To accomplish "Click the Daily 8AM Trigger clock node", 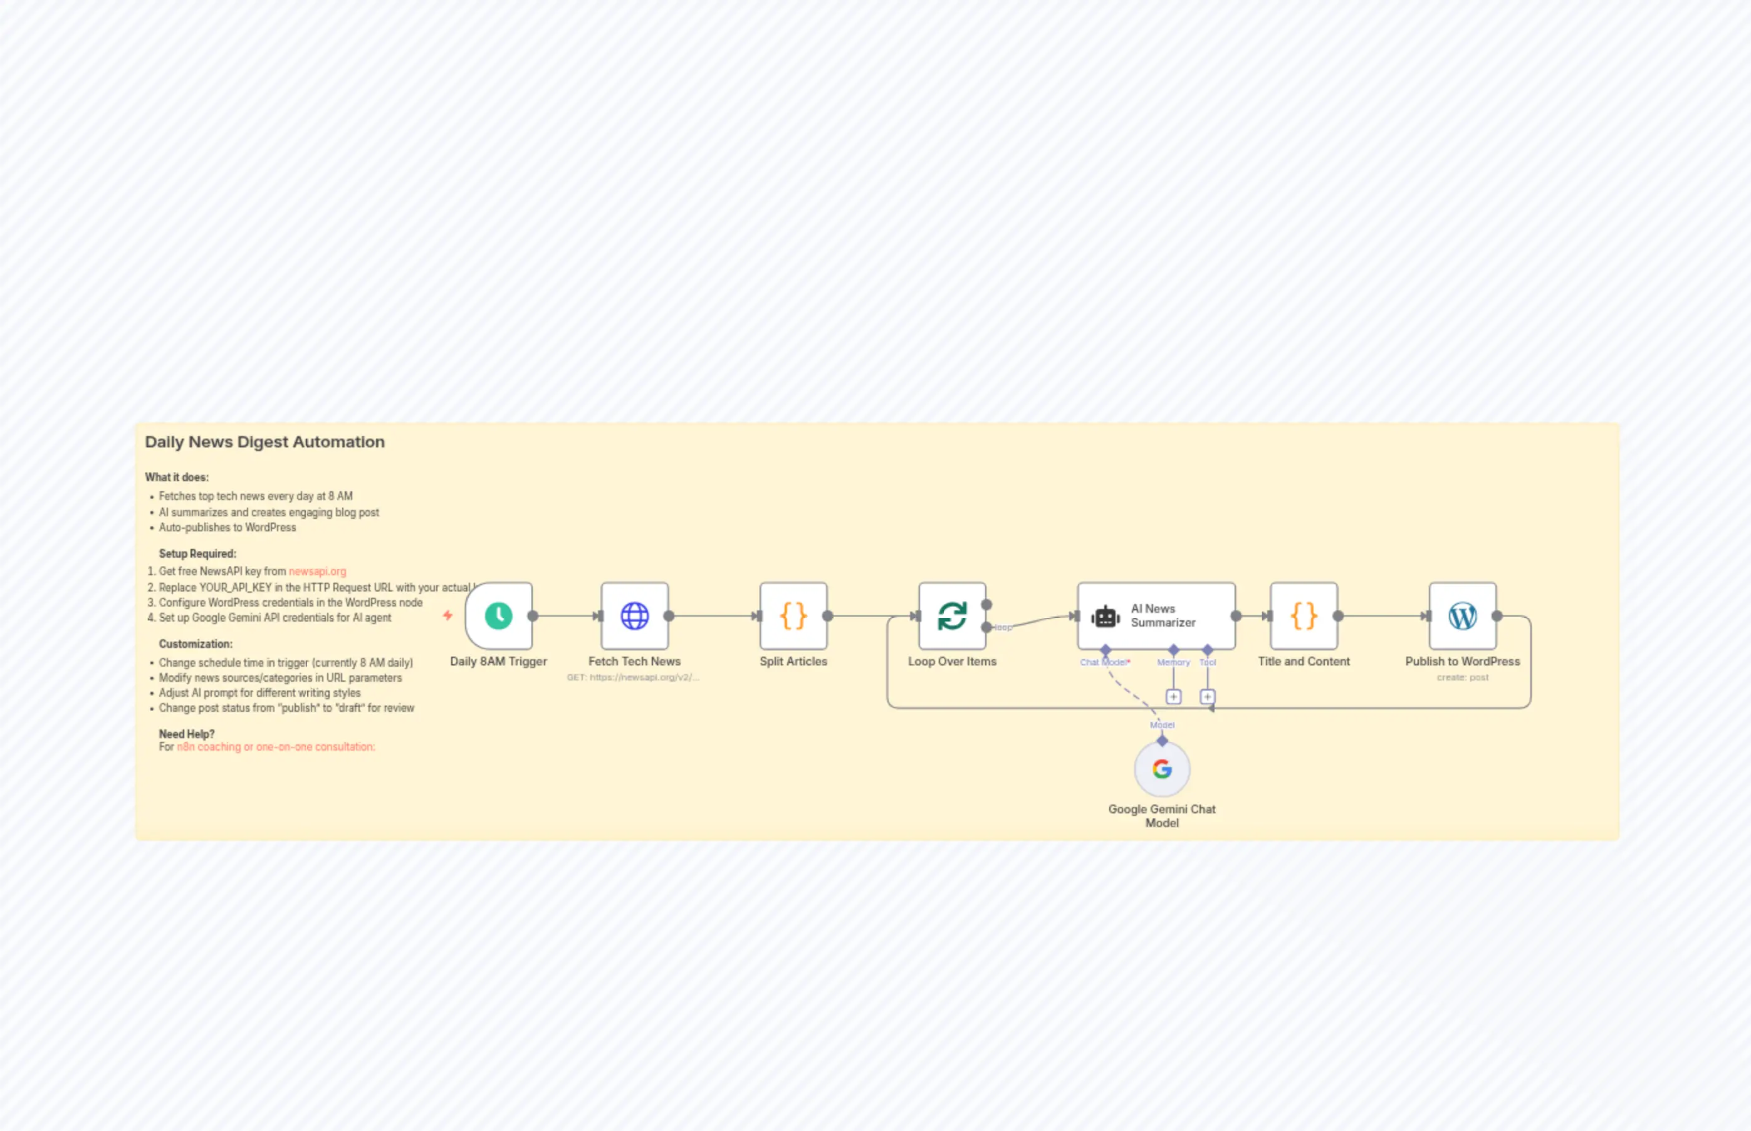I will coord(499,615).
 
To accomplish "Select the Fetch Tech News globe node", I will coord(635,615).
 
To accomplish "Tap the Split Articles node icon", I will coord(793,615).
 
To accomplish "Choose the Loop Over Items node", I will coord(952,615).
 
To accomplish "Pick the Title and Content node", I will coord(1304,615).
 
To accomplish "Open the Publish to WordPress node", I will coord(1462,615).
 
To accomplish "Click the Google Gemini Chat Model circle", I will coord(1162,769).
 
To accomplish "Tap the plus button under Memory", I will coord(1174,696).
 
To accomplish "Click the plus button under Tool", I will coord(1208,696).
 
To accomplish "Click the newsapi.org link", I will coord(317,571).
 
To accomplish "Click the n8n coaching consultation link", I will coord(275,747).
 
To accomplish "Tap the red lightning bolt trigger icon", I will coord(447,615).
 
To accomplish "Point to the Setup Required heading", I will coord(197,554).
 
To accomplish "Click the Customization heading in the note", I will coord(196,644).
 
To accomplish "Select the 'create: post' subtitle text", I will coord(1462,677).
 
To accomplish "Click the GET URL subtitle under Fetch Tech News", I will coord(633,677).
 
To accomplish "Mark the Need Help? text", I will coord(187,734).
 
